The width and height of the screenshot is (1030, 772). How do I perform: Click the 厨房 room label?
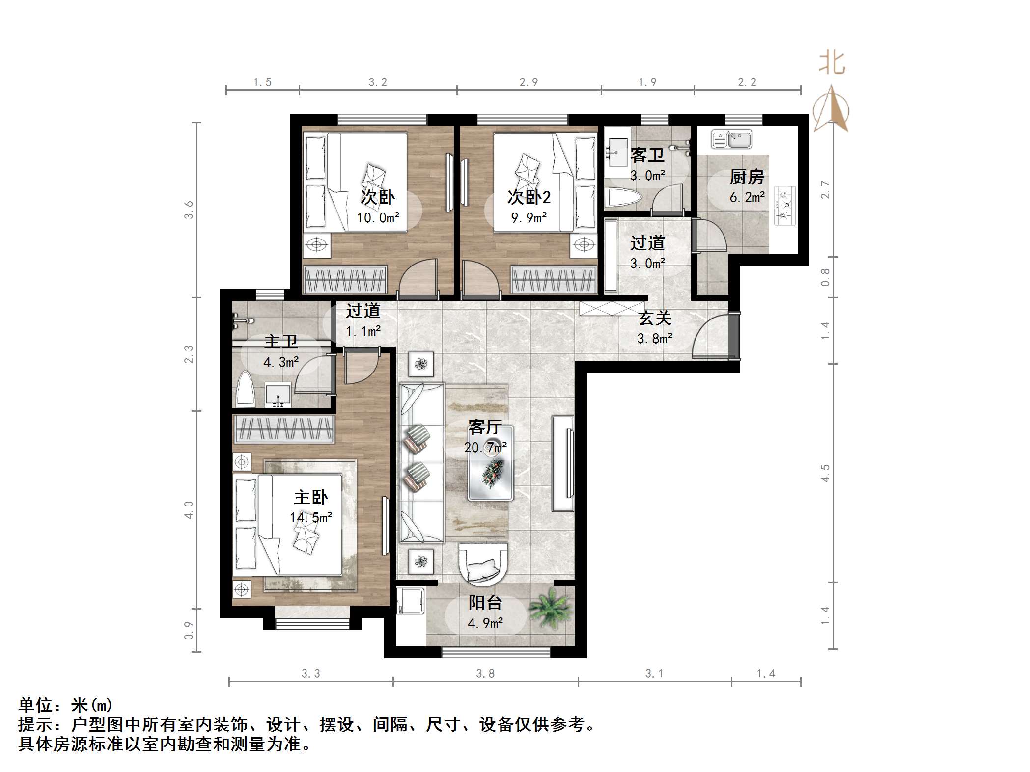click(747, 177)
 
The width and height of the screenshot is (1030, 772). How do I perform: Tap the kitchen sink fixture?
click(731, 139)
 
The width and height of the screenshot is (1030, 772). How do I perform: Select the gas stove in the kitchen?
click(784, 205)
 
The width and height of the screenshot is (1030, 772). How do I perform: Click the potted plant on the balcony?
click(550, 609)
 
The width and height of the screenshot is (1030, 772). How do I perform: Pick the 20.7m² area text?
click(485, 448)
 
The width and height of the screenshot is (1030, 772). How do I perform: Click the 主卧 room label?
click(310, 498)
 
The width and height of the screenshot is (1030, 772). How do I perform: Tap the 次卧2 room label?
click(529, 197)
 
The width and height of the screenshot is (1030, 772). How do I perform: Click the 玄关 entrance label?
click(655, 319)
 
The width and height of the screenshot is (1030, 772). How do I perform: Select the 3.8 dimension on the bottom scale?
click(485, 674)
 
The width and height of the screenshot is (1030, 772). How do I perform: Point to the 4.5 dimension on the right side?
click(825, 473)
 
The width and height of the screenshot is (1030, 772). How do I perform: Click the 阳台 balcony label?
click(485, 603)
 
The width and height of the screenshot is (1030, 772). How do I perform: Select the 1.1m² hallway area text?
click(363, 331)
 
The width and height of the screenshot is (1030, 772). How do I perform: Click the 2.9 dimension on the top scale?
click(529, 82)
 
